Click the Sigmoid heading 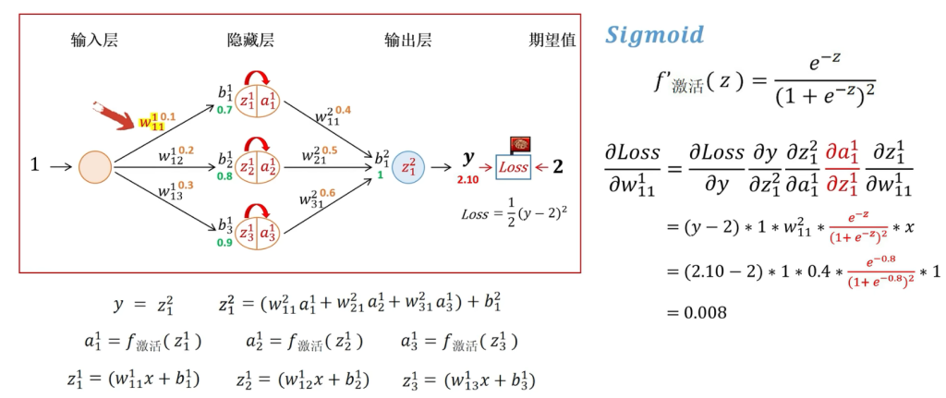pyautogui.click(x=654, y=36)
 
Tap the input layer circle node pyautogui.click(x=95, y=167)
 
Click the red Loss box pyautogui.click(x=514, y=167)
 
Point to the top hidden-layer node pyautogui.click(x=257, y=100)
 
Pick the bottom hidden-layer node pyautogui.click(x=257, y=233)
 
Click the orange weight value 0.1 pyautogui.click(x=168, y=117)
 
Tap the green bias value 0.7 pyautogui.click(x=224, y=110)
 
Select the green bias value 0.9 pyautogui.click(x=224, y=243)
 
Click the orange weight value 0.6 pyautogui.click(x=327, y=193)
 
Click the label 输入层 pyautogui.click(x=94, y=41)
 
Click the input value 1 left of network pyautogui.click(x=35, y=166)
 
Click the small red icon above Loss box pyautogui.click(x=520, y=145)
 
